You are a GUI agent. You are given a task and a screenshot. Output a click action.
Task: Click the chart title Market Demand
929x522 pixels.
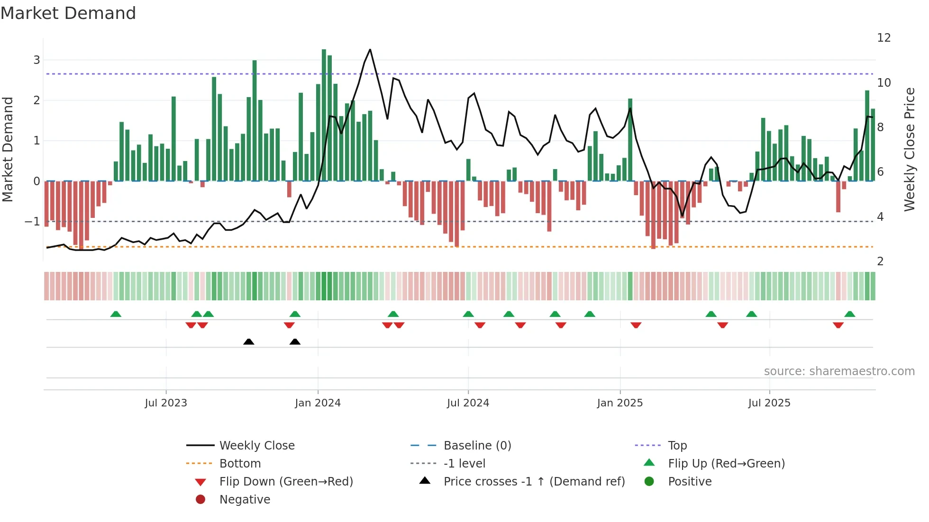click(68, 13)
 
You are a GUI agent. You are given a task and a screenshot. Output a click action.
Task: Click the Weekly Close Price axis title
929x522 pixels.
click(909, 149)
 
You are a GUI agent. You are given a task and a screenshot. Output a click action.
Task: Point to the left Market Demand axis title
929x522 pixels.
click(8, 149)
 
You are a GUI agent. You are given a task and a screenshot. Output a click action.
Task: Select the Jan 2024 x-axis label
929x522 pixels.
click(318, 403)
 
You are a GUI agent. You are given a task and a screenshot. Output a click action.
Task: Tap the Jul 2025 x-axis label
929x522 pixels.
click(769, 403)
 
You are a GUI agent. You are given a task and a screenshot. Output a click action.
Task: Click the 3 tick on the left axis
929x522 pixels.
click(36, 60)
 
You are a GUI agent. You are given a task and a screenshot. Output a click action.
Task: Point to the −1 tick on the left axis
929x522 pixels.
click(32, 222)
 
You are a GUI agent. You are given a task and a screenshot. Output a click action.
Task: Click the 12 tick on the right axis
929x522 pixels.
click(884, 38)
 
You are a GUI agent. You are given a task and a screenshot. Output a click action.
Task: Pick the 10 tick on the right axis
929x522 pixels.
click(884, 83)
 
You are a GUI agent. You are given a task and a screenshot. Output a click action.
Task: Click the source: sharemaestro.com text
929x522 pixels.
click(839, 371)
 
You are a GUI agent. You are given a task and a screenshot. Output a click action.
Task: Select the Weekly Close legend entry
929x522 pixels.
click(256, 446)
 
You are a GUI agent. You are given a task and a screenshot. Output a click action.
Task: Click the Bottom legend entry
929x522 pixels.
click(240, 464)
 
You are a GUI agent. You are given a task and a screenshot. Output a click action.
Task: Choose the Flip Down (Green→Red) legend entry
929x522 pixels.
click(286, 482)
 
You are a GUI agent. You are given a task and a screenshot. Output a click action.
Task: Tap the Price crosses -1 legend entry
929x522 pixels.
click(534, 482)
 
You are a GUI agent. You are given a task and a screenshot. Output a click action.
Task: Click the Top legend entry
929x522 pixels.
click(677, 446)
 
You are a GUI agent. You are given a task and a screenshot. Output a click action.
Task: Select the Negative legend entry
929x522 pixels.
click(245, 500)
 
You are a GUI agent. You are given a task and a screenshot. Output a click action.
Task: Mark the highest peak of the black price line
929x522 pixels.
click(370, 50)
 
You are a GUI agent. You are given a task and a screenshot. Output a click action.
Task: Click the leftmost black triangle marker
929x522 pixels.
click(249, 342)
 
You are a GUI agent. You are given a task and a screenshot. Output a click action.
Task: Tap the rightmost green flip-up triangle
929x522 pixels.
click(850, 314)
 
